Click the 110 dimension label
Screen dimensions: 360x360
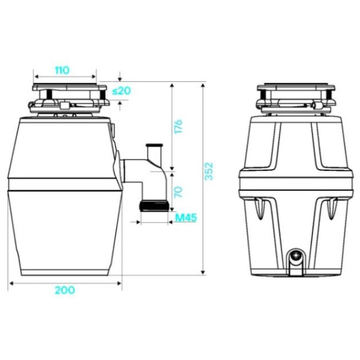pyautogui.click(x=62, y=70)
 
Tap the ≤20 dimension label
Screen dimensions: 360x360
pyautogui.click(x=121, y=91)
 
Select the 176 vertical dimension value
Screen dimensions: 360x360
pyautogui.click(x=178, y=126)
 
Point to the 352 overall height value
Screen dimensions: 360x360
pyautogui.click(x=209, y=171)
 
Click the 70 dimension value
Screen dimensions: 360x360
pyautogui.click(x=178, y=192)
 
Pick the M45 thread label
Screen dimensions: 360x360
pyautogui.click(x=186, y=218)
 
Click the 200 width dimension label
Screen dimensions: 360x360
pyautogui.click(x=65, y=290)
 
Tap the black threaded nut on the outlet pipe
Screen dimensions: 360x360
pyautogui.click(x=154, y=206)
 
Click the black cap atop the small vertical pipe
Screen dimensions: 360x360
pyautogui.click(x=154, y=145)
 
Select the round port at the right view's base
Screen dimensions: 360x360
pyautogui.click(x=296, y=255)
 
